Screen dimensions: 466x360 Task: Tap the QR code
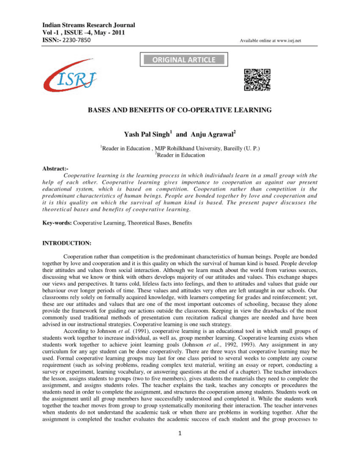pos(257,80)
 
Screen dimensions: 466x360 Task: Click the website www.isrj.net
pos(288,41)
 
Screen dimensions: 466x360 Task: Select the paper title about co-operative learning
pos(180,110)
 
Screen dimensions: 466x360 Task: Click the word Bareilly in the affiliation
pos(229,148)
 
